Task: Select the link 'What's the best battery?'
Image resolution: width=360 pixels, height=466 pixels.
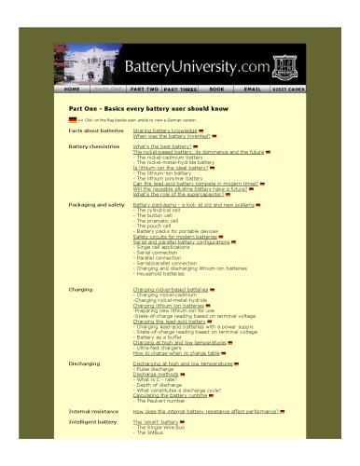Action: [x=164, y=147]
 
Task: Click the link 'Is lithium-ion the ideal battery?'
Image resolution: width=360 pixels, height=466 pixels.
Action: [x=171, y=168]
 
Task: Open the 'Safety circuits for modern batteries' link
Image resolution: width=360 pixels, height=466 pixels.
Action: [x=175, y=237]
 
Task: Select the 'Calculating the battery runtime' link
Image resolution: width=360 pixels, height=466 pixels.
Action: [x=173, y=394]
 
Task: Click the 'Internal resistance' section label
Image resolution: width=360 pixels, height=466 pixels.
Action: [x=93, y=410]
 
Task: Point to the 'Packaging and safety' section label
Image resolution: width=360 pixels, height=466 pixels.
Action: [x=97, y=204]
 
